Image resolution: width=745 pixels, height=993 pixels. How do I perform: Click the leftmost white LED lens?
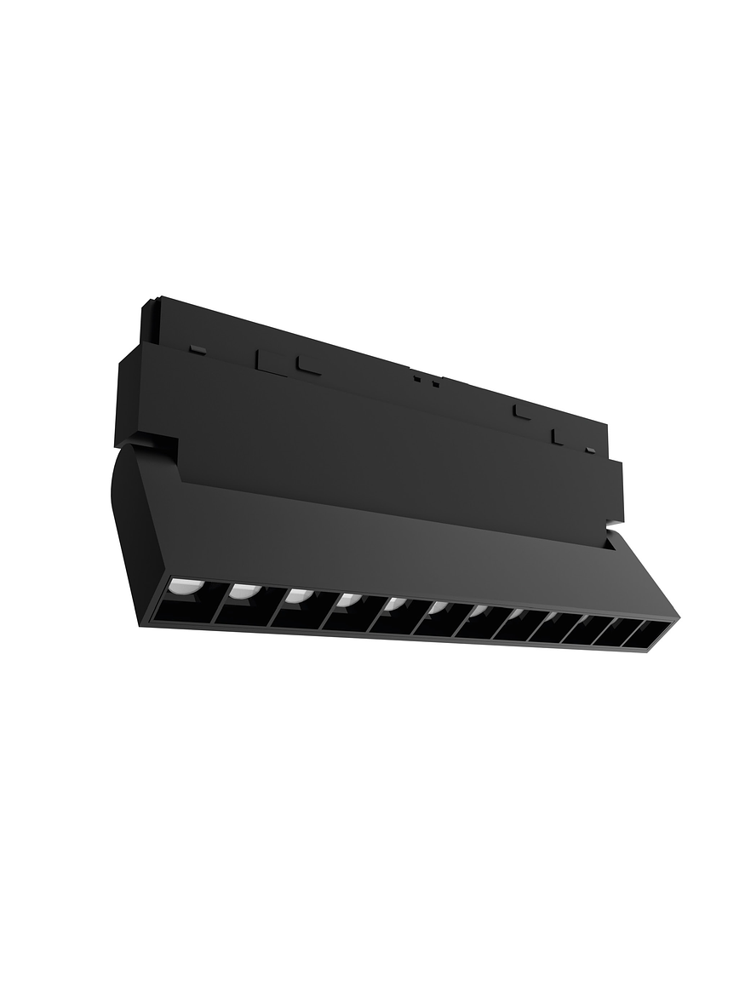(x=181, y=586)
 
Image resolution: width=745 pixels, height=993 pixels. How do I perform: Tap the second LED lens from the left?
(x=241, y=590)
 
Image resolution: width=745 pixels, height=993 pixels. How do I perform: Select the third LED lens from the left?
(x=296, y=595)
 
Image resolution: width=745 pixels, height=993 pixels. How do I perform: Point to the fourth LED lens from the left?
(x=347, y=600)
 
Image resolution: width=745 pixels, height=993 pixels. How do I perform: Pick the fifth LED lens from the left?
(x=393, y=605)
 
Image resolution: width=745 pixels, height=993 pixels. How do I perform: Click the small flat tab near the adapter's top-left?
(x=198, y=349)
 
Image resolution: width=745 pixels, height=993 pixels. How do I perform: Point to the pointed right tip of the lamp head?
(x=676, y=617)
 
